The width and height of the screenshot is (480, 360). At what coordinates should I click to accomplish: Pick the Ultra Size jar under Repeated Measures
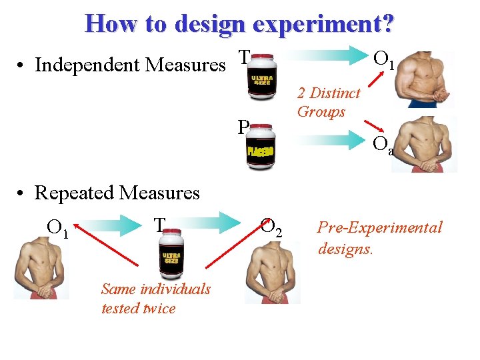[171, 256]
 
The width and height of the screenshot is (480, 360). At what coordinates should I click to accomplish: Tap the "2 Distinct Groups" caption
[328, 102]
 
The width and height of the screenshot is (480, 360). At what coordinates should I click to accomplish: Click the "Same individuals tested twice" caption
[156, 298]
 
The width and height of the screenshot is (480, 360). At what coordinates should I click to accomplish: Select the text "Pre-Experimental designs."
[379, 237]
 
